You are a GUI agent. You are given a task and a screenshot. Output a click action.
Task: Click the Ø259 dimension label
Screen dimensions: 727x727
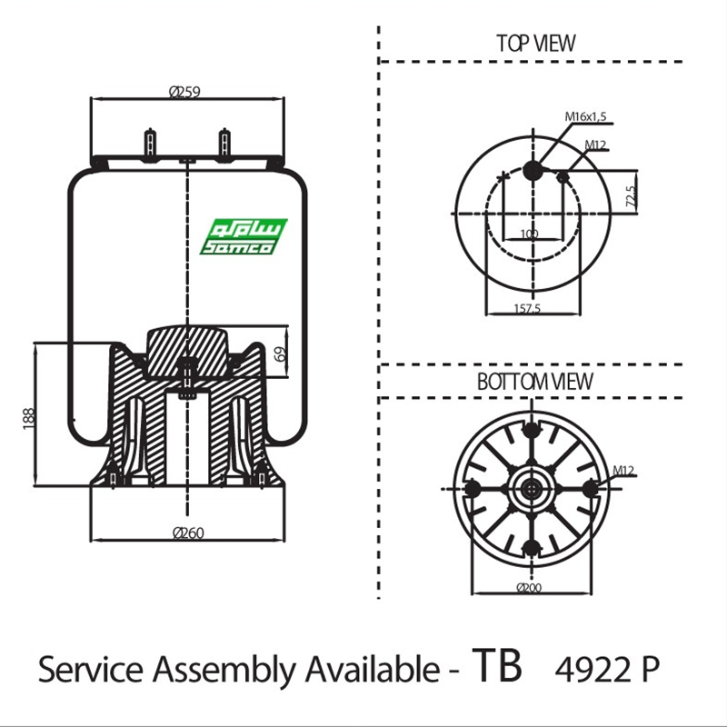(184, 90)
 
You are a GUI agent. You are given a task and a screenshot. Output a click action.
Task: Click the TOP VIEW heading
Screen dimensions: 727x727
(535, 43)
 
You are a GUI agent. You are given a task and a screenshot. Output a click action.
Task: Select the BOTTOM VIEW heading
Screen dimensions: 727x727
(534, 382)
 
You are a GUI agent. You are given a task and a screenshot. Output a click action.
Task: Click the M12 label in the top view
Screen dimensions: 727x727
(596, 144)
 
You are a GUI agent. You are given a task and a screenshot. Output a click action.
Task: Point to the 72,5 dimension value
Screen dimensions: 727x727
(630, 194)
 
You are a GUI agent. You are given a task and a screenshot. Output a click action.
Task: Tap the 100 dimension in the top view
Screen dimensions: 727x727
(529, 234)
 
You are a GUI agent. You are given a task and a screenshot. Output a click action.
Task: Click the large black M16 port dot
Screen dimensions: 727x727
(533, 169)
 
